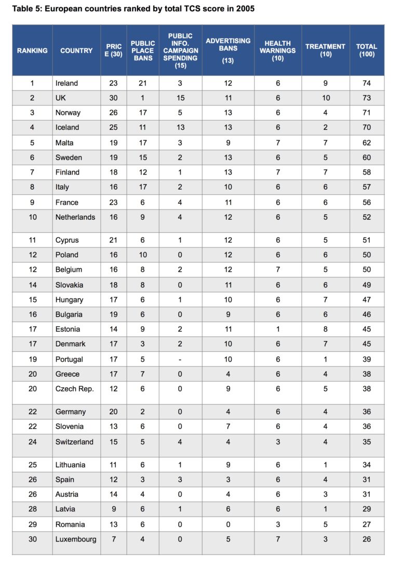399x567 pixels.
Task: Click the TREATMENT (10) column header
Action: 325,50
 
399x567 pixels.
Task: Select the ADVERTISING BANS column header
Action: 228,50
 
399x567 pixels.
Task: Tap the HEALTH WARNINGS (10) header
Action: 277,50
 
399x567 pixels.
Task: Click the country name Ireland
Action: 66,83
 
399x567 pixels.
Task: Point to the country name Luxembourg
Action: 76,539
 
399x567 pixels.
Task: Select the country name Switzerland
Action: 74,442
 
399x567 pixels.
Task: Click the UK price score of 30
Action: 113,98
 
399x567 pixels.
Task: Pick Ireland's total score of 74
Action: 367,83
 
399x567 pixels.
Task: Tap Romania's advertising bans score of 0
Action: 228,524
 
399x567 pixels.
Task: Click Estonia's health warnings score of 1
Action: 277,329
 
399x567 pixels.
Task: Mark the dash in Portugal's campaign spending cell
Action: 180,359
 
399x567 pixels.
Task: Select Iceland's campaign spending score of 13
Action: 180,127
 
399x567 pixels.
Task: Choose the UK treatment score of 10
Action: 325,98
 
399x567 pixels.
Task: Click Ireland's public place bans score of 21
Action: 143,83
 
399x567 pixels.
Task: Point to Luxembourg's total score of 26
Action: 367,539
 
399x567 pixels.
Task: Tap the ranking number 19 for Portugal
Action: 33,359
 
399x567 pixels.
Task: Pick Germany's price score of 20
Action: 113,412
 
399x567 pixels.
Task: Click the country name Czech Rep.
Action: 74,389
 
